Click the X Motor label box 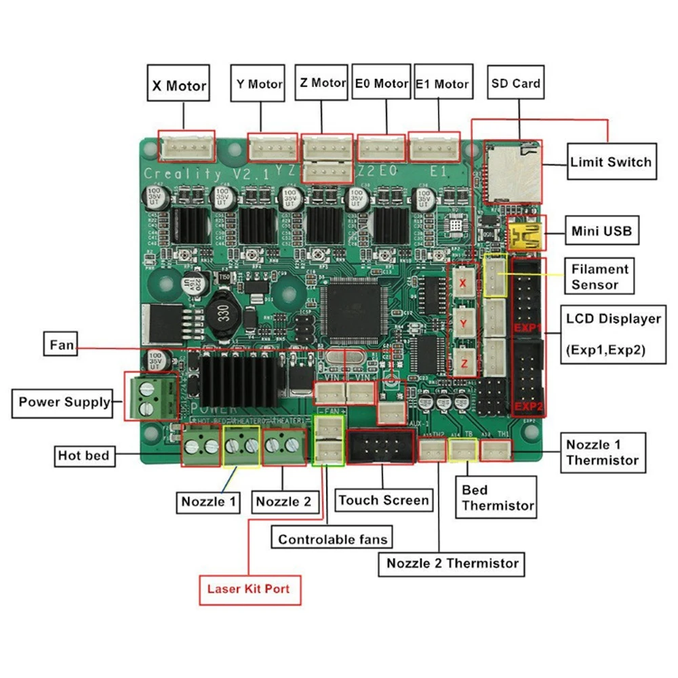pos(178,85)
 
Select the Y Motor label pos(259,84)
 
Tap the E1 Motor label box pos(441,84)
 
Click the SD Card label pos(516,83)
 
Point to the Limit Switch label pos(611,161)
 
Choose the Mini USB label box pos(601,231)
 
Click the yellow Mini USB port pos(524,237)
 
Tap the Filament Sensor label pos(600,277)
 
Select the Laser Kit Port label pos(249,588)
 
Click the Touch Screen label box pos(384,500)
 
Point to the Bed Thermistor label pos(498,498)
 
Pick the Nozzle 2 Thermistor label pos(452,563)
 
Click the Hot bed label pos(83,456)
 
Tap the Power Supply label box pos(64,402)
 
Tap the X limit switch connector pos(464,283)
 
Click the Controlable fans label pos(333,539)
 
